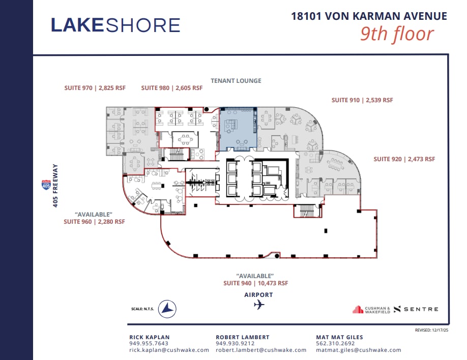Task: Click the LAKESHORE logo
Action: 115,25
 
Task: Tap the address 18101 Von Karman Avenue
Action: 369,16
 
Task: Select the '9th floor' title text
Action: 397,34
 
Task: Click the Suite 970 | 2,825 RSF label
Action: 95,88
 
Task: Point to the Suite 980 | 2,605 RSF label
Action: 171,88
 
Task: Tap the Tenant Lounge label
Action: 236,81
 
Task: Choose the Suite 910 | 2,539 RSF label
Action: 362,100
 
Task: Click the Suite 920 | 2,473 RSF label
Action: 404,159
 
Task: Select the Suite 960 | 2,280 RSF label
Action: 94,222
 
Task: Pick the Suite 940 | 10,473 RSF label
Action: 255,283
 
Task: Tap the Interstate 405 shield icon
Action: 46,185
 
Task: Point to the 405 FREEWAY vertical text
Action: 56,186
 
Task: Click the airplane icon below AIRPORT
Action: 259,305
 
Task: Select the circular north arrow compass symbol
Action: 167,309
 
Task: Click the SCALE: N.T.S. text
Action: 142,309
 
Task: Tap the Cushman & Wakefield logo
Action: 371,309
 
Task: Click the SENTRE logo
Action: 416,309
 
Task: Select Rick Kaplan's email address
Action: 169,350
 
